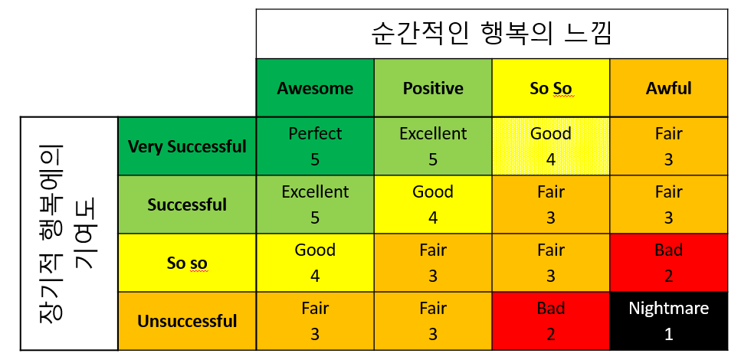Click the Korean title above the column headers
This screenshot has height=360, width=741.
(x=491, y=34)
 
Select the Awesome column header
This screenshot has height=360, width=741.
(x=315, y=88)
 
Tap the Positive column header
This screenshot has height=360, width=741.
(x=433, y=88)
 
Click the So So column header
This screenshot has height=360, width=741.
(x=550, y=88)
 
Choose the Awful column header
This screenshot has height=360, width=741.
(x=668, y=88)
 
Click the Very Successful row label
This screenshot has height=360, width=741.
(x=187, y=146)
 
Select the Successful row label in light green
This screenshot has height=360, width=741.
(x=187, y=205)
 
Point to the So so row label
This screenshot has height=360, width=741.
(x=187, y=263)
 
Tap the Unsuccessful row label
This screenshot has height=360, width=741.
(x=187, y=321)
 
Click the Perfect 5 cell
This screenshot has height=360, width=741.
(x=315, y=146)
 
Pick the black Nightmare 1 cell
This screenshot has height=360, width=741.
(x=668, y=321)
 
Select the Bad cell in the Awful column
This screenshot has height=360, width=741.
(x=668, y=263)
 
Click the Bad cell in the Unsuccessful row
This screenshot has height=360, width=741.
(x=550, y=321)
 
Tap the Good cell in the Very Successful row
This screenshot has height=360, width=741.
(x=550, y=146)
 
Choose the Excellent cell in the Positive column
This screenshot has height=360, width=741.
(x=433, y=146)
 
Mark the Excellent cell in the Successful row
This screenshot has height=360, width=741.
(x=315, y=205)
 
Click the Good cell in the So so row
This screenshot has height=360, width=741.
(x=315, y=263)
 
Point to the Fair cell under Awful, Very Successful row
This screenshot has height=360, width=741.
(x=668, y=146)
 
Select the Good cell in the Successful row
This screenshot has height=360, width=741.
(x=433, y=205)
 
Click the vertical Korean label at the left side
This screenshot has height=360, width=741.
(x=69, y=233)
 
